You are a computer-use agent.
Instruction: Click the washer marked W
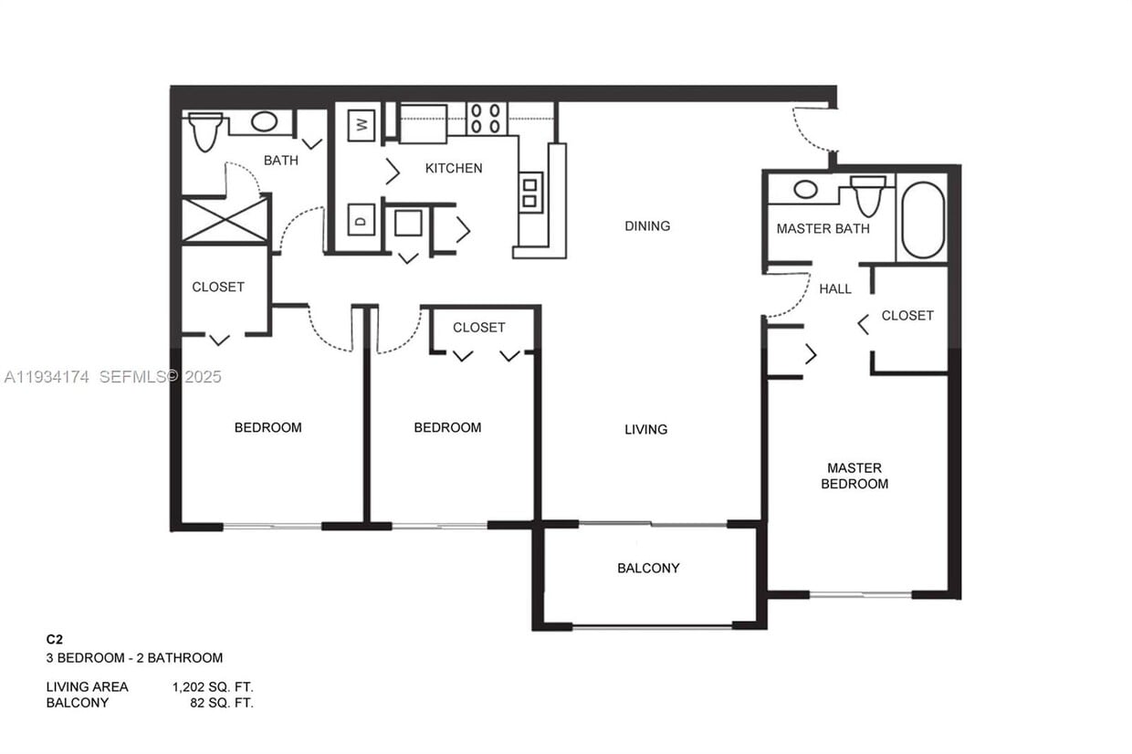pyautogui.click(x=362, y=125)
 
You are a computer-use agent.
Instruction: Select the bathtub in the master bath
pyautogui.click(x=923, y=220)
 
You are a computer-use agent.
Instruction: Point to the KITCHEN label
pyautogui.click(x=454, y=168)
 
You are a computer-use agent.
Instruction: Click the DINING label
pyautogui.click(x=647, y=225)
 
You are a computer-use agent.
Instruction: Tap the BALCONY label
pyautogui.click(x=648, y=568)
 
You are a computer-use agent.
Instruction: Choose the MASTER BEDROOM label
pyautogui.click(x=854, y=476)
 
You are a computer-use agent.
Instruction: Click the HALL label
pyautogui.click(x=835, y=288)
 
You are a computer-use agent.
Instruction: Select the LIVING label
pyautogui.click(x=645, y=429)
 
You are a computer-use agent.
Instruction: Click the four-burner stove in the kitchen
pyautogui.click(x=486, y=119)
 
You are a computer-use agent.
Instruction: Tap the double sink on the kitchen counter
pyautogui.click(x=530, y=192)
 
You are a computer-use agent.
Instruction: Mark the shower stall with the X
pyautogui.click(x=225, y=220)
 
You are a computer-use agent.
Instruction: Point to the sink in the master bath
pyautogui.click(x=805, y=189)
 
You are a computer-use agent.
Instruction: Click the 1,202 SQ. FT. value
pyautogui.click(x=213, y=686)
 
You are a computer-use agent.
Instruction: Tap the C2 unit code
pyautogui.click(x=56, y=640)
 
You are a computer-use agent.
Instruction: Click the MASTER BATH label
pyautogui.click(x=823, y=228)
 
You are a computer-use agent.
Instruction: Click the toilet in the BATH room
pyautogui.click(x=205, y=131)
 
